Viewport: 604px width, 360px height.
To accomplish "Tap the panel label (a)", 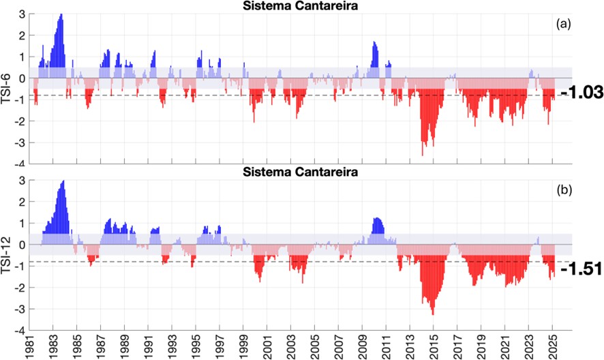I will click(x=563, y=23).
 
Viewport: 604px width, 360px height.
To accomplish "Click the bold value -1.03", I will click(x=579, y=93).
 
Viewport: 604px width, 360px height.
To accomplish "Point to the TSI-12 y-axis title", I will click(x=6, y=256).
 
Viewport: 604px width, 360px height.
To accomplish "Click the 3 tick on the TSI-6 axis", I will click(x=22, y=14).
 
